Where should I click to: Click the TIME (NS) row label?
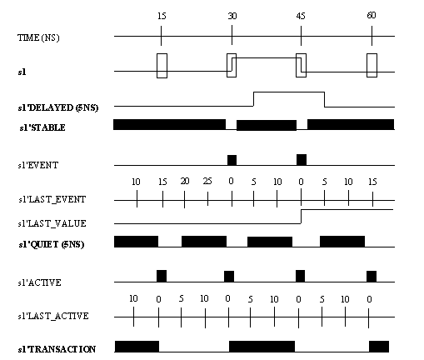pyautogui.click(x=38, y=37)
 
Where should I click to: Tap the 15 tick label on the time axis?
pyautogui.click(x=162, y=16)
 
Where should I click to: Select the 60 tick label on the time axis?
pyautogui.click(x=372, y=15)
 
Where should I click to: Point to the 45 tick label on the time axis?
pyautogui.click(x=301, y=16)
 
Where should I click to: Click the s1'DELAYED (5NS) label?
pyautogui.click(x=58, y=107)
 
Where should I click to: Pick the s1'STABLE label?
pyautogui.click(x=42, y=127)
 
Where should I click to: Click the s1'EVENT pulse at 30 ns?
pyautogui.click(x=232, y=160)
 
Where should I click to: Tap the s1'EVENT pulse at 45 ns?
pyautogui.click(x=302, y=160)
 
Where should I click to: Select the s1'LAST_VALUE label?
pyautogui.click(x=52, y=223)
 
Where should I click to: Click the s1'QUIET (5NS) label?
pyautogui.click(x=52, y=244)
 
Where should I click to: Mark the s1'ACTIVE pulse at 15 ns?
pyautogui.click(x=162, y=276)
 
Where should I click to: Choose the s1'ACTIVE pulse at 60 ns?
pyautogui.click(x=372, y=277)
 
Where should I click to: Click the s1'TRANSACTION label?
pyautogui.click(x=57, y=349)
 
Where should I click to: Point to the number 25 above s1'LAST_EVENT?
pyautogui.click(x=207, y=181)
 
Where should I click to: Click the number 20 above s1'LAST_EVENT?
pyautogui.click(x=185, y=181)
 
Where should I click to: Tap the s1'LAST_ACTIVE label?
pyautogui.click(x=53, y=316)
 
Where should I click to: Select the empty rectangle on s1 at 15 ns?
pyautogui.click(x=162, y=54)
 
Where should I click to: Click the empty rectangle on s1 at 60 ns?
pyautogui.click(x=372, y=54)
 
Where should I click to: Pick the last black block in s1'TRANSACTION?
pyautogui.click(x=379, y=347)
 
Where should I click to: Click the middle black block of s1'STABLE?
pyautogui.click(x=267, y=125)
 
